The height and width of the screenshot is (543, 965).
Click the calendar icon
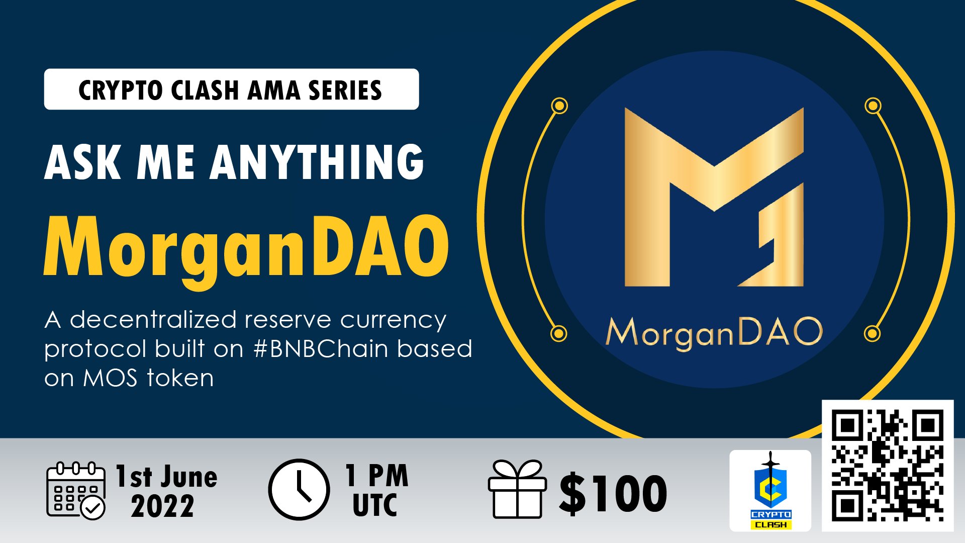(75, 490)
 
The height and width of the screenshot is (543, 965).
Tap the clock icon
(299, 489)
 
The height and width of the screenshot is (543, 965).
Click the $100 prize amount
(613, 493)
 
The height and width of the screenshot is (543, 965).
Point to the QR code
(887, 465)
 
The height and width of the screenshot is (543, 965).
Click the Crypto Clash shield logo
(770, 490)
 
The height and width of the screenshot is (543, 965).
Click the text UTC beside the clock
(375, 505)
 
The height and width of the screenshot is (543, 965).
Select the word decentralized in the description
(153, 320)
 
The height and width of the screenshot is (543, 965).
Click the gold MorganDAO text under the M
(714, 332)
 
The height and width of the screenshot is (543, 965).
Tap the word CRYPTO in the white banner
(121, 90)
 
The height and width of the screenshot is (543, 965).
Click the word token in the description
(180, 378)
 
